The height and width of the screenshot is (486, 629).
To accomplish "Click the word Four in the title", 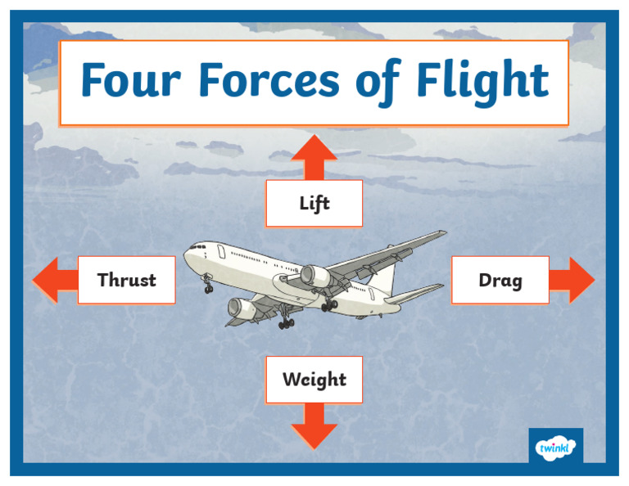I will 132,81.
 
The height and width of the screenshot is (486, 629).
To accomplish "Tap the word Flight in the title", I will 482,81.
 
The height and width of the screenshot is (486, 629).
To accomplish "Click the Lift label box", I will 314,203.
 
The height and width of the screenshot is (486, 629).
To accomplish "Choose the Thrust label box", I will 126,280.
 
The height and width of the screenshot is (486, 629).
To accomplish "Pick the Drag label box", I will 500,280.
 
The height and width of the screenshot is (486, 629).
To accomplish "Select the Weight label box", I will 314,380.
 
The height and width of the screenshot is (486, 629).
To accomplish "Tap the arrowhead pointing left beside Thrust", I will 46,280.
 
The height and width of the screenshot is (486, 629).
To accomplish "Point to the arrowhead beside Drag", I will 581,280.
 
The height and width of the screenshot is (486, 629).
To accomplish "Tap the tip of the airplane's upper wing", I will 442,233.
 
